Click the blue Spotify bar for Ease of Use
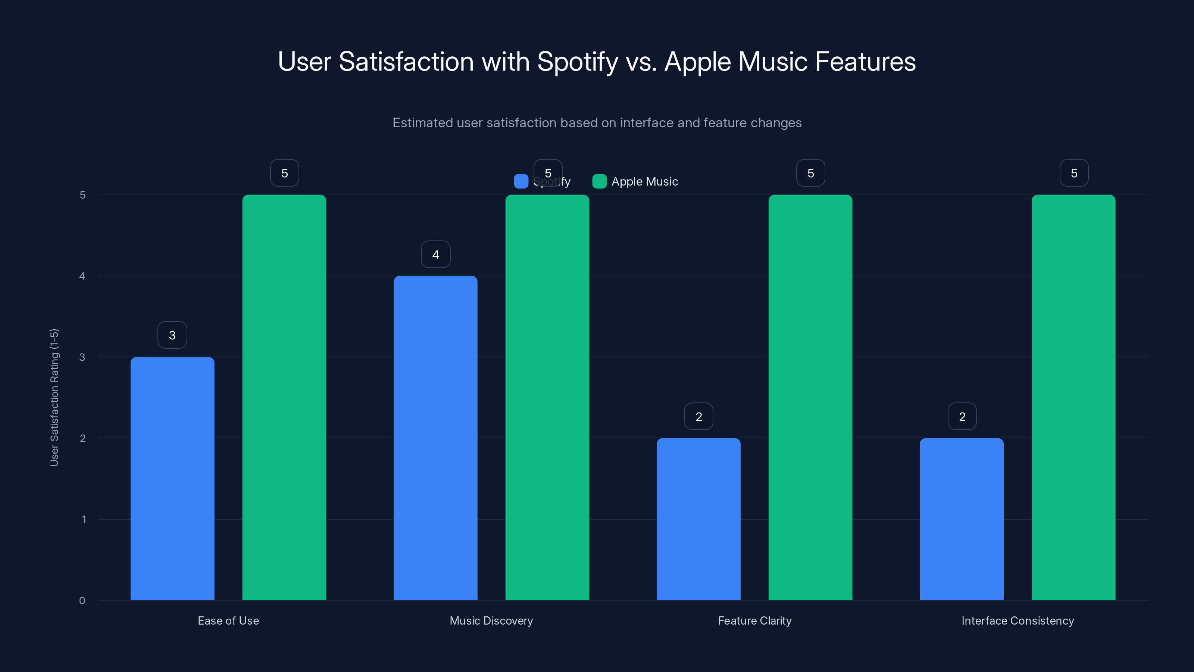172,478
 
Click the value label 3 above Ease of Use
172,335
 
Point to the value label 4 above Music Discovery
435,254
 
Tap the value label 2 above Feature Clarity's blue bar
698,417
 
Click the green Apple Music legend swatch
599,181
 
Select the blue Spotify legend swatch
521,181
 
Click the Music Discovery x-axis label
491,620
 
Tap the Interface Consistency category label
1018,620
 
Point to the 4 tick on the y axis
82,276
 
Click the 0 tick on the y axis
82,601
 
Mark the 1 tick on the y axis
84,519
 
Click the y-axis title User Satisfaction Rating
54,398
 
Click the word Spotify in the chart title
578,62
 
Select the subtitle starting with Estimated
597,123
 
